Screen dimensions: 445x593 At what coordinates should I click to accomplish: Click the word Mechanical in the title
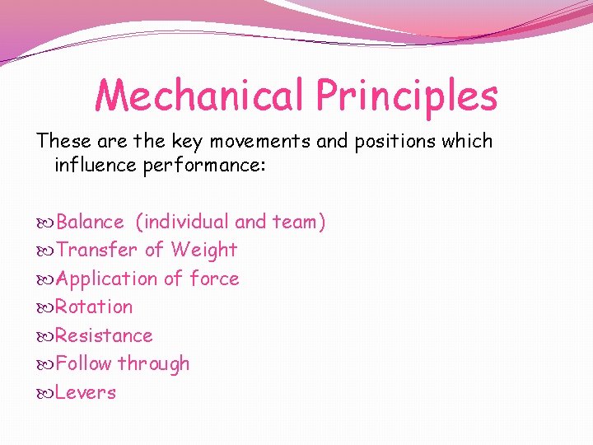pos(200,96)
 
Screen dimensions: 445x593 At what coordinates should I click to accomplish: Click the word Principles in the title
pos(407,96)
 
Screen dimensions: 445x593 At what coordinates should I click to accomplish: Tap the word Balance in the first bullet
pos(91,222)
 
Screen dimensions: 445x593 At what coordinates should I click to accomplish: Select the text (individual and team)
pos(231,222)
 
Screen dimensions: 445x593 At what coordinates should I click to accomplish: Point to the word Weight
pos(203,250)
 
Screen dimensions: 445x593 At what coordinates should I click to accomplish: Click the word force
pos(214,279)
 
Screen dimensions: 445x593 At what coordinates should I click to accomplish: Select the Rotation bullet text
pos(94,307)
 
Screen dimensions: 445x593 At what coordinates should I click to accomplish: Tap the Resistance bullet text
pos(104,335)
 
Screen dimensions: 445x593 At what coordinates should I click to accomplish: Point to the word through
pos(154,363)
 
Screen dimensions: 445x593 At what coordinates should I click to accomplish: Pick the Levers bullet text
pos(86,392)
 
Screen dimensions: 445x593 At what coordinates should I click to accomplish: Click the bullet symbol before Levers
pos(46,393)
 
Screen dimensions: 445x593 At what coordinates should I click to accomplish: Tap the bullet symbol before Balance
pos(46,222)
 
